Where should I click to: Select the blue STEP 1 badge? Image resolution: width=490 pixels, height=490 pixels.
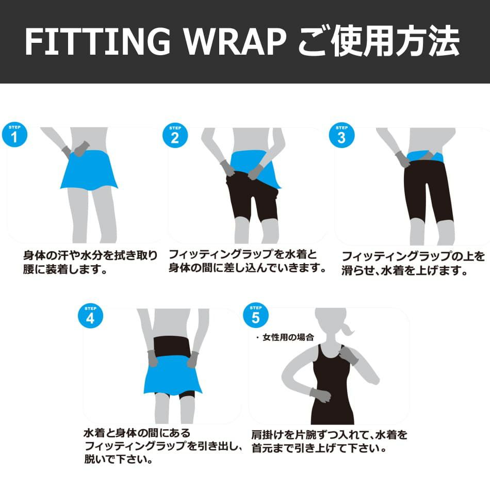[x=14, y=135]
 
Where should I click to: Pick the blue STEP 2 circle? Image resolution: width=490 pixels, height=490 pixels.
[x=175, y=135]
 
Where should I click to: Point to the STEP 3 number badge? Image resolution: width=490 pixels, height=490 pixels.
[x=341, y=135]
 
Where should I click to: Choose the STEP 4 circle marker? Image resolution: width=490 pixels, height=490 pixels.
[x=90, y=316]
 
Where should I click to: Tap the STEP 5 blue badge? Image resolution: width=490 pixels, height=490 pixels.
[x=256, y=315]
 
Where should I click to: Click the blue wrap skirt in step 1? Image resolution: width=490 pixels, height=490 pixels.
[x=89, y=170]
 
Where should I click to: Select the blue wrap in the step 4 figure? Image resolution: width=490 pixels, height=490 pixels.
[x=172, y=375]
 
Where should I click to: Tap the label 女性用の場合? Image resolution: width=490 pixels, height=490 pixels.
[x=288, y=337]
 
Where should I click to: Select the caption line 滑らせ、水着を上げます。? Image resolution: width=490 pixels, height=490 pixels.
[x=404, y=270]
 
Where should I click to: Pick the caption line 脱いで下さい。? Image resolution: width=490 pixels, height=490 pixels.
[x=119, y=459]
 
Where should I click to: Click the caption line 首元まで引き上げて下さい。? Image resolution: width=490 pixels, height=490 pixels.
[x=319, y=448]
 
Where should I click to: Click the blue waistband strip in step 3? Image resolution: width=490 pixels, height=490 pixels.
[x=426, y=156]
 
